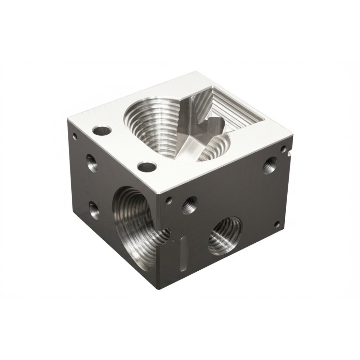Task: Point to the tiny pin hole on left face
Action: coord(75,136)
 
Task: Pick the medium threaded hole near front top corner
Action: coord(190,205)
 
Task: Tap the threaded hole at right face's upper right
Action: coord(270,165)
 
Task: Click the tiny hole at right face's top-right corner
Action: coord(284,148)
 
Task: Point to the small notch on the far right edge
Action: coord(289,154)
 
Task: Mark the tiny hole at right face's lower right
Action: coord(277,224)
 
